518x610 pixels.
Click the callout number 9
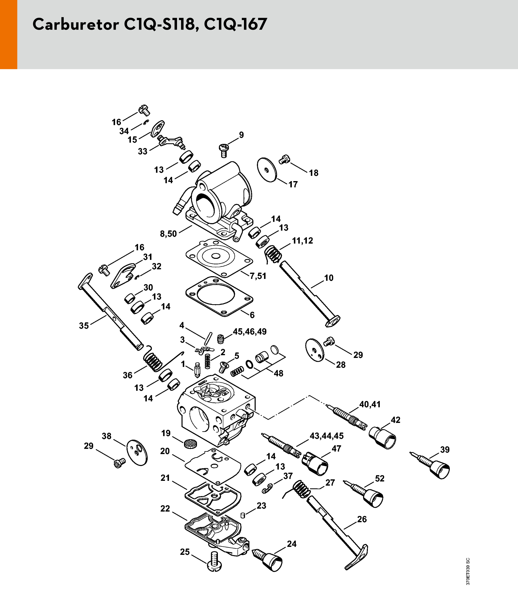point(241,135)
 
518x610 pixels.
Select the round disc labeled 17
point(267,170)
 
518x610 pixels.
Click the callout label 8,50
point(168,234)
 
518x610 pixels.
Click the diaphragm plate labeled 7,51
point(219,258)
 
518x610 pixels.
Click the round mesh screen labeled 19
point(190,443)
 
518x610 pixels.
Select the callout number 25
point(185,552)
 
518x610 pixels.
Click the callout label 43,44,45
point(326,436)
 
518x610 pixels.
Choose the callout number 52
point(379,478)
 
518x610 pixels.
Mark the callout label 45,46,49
point(250,332)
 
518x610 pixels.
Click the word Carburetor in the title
point(76,24)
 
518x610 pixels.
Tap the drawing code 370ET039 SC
point(468,571)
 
